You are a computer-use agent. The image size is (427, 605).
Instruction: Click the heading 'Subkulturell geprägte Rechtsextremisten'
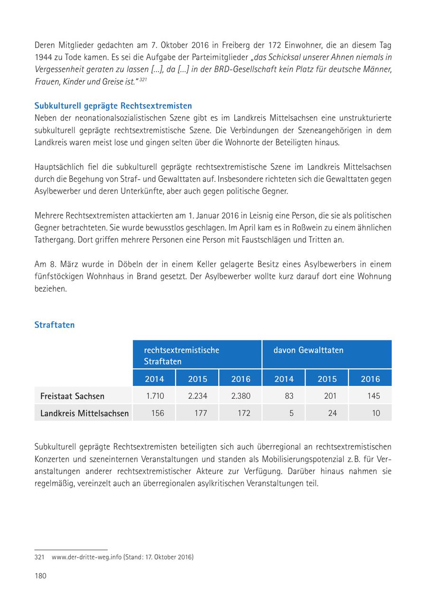pos(113,105)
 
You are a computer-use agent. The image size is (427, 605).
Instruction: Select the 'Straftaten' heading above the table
pos(55,325)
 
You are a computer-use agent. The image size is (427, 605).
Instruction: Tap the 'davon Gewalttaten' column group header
pos(308,350)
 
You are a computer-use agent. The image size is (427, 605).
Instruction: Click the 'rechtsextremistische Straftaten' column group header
pos(182,356)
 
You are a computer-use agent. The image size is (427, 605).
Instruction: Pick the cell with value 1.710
pos(155,396)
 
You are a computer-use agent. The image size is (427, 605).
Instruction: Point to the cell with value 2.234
pos(197,396)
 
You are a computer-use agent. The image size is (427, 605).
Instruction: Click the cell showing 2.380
pos(241,396)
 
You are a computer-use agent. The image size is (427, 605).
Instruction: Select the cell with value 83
pos(289,396)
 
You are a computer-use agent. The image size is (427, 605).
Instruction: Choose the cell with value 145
pos(373,396)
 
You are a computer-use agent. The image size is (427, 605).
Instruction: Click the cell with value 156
pos(158,413)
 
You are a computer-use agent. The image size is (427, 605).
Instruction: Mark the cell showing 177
pos(201,413)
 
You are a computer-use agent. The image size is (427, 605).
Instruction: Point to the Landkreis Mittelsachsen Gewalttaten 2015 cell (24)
pos(332,413)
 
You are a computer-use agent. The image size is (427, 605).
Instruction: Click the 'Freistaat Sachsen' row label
pos(72,396)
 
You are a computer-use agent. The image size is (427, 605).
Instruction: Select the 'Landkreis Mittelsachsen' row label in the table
pos(84,413)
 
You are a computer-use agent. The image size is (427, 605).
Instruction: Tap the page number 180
pos(40,576)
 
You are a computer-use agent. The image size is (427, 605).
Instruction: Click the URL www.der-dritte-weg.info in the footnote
pos(86,557)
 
